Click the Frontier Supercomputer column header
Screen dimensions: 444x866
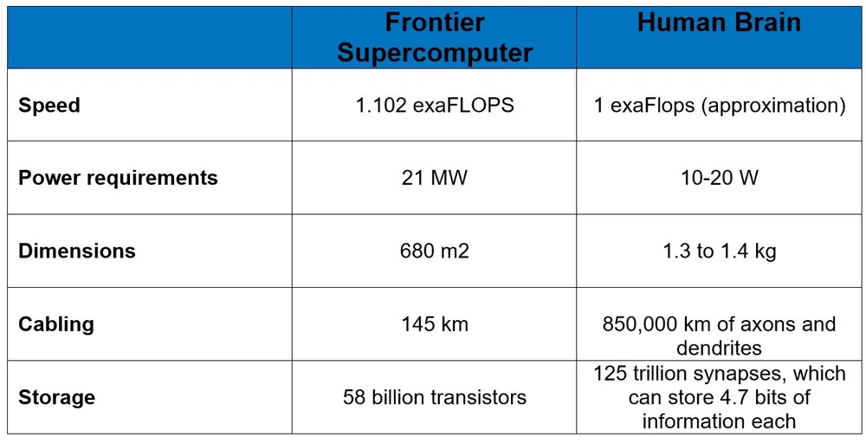(x=434, y=37)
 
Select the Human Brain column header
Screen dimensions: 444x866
(x=719, y=23)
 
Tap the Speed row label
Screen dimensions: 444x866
(x=49, y=105)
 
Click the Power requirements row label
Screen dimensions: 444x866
(x=118, y=178)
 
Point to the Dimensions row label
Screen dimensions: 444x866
(x=77, y=251)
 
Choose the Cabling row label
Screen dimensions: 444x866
(x=56, y=324)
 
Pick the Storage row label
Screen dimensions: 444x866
(x=57, y=397)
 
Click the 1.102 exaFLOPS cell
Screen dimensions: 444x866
(x=434, y=105)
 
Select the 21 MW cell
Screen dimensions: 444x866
(x=434, y=178)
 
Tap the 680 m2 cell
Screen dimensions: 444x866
(x=434, y=251)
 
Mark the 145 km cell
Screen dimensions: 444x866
(x=434, y=324)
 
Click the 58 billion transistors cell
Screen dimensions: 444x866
(x=434, y=397)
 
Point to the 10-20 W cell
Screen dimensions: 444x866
(x=719, y=178)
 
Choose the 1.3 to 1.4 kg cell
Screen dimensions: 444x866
(x=719, y=251)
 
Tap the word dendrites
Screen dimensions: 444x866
(x=719, y=348)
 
